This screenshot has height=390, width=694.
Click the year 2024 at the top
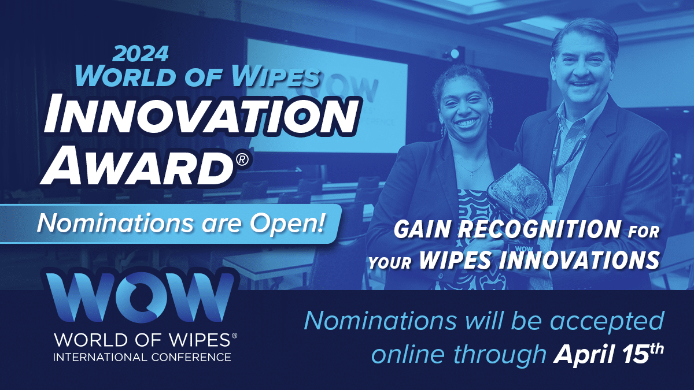click(x=141, y=53)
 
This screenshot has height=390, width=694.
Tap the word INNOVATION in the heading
click(x=201, y=116)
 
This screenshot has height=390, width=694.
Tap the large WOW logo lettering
click(x=140, y=296)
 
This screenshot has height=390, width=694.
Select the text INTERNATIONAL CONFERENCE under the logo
click(x=142, y=357)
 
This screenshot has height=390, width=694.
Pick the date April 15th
click(x=608, y=354)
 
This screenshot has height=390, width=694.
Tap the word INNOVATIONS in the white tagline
click(x=579, y=260)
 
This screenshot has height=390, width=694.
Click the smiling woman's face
click(x=465, y=106)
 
